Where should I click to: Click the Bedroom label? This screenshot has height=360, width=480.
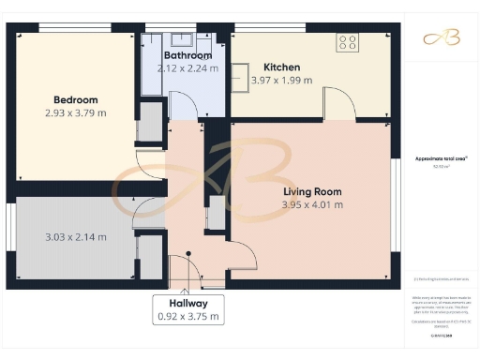coord(75,99)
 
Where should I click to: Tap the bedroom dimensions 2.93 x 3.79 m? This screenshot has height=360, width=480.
coord(75,112)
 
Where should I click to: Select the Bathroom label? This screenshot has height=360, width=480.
coord(185,56)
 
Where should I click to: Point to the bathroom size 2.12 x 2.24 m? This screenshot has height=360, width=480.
coord(185,68)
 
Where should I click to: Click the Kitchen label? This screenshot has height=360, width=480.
coord(281,67)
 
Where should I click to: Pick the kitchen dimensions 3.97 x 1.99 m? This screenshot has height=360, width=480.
coord(282,82)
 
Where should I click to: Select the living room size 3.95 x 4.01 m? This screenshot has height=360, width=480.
coord(313,204)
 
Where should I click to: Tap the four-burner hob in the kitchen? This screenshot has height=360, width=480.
coord(347,42)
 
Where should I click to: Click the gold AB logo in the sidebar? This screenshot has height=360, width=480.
coord(439,37)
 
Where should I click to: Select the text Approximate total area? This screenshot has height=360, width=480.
coord(439,159)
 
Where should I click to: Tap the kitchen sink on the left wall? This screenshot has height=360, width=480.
coord(241,77)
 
